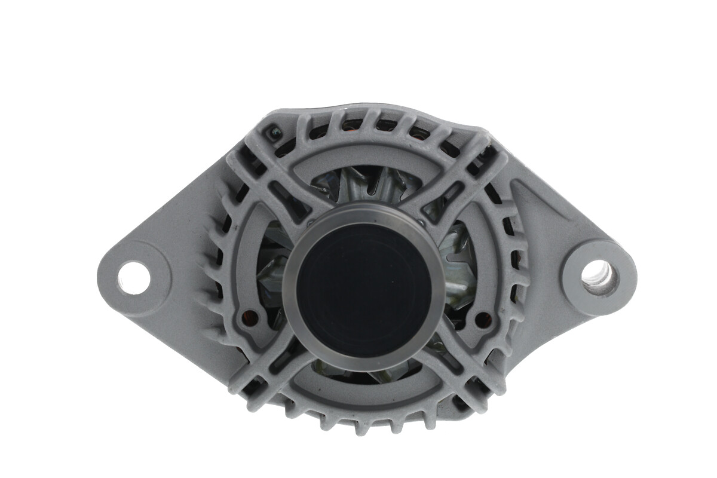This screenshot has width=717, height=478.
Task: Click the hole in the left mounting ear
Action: tap(133, 278)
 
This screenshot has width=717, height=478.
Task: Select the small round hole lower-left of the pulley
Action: tap(250, 317)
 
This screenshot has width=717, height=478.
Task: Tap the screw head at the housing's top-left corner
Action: tap(274, 132)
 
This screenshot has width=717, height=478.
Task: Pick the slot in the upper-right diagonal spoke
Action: tap(444, 197)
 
